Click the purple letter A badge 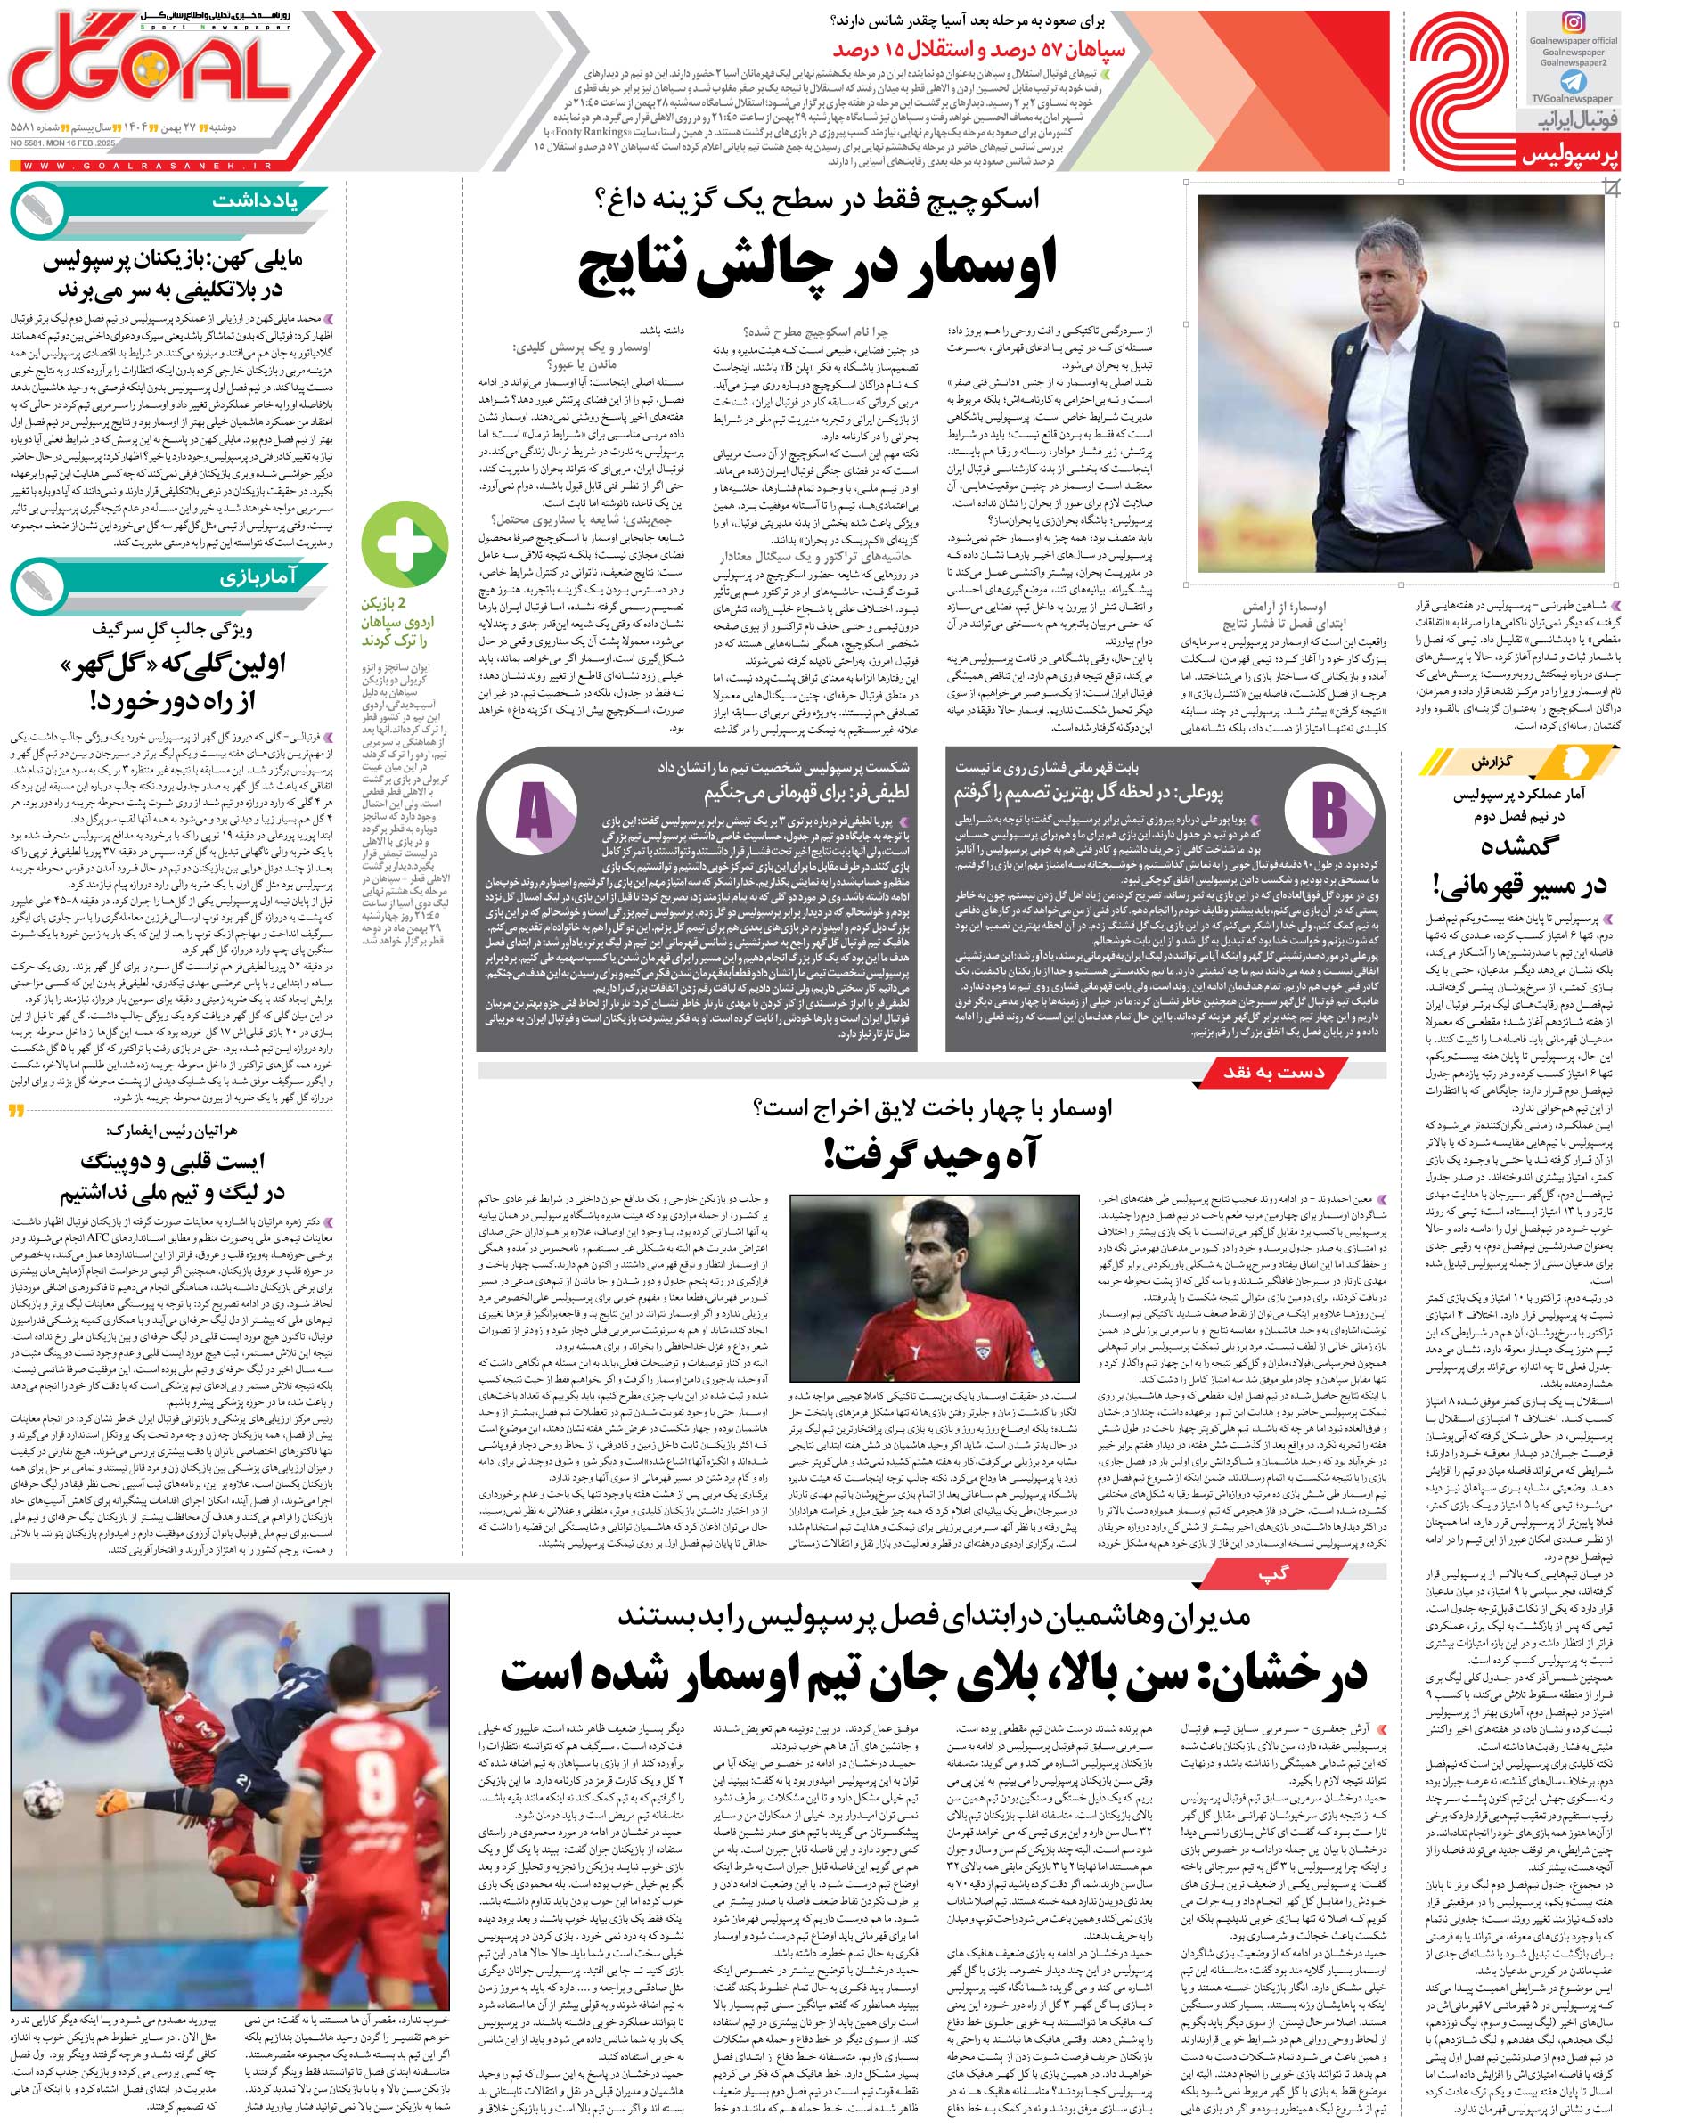[533, 813]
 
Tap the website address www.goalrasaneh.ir [148, 166]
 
